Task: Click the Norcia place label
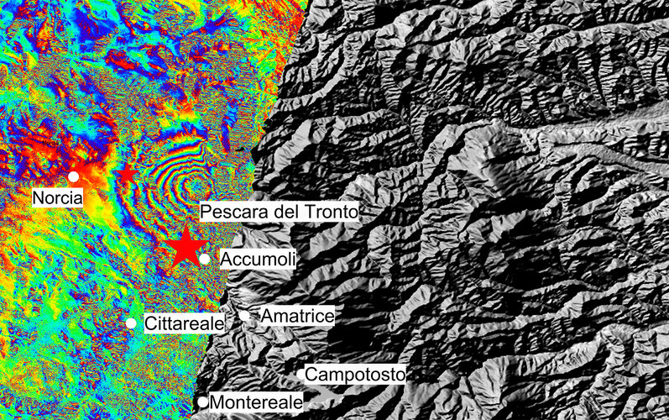59,198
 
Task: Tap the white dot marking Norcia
73,176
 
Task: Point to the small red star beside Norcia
127,173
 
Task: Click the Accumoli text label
257,260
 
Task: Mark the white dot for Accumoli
204,259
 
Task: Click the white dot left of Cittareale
131,323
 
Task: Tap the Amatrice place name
297,316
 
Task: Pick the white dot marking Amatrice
244,316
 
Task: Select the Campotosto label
355,374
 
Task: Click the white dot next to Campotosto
301,374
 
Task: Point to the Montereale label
255,403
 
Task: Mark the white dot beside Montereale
202,402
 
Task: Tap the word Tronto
330,212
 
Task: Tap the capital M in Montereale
216,403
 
